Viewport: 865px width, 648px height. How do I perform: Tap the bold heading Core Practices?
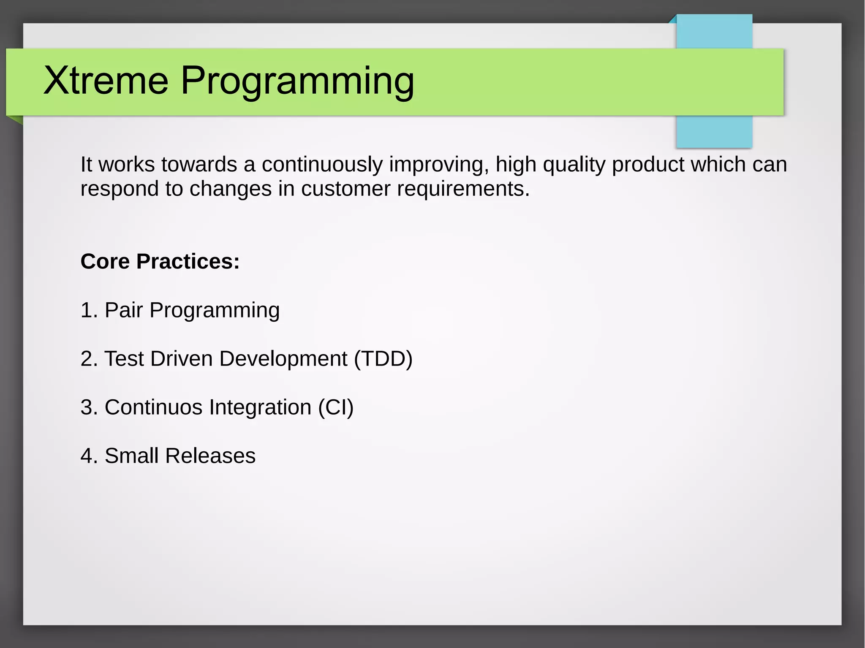click(x=160, y=261)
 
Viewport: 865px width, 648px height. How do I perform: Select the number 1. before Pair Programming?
click(x=89, y=310)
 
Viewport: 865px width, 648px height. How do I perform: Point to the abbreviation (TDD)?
click(x=383, y=359)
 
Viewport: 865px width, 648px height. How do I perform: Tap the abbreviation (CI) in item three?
click(x=336, y=407)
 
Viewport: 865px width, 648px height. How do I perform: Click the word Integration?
click(x=260, y=407)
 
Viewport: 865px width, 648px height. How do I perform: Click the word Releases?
click(x=210, y=456)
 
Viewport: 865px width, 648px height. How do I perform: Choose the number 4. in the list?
click(x=89, y=456)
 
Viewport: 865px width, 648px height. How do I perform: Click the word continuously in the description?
click(x=322, y=165)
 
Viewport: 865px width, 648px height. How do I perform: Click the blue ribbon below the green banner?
click(x=714, y=132)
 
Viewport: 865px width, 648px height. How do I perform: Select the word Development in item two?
click(x=283, y=359)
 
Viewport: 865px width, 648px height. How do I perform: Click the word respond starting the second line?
click(x=120, y=189)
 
